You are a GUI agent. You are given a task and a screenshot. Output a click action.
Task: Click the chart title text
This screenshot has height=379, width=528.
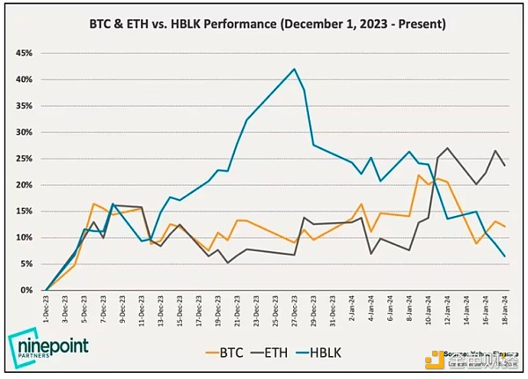[264, 24]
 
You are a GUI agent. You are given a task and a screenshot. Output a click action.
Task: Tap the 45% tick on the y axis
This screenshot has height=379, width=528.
[24, 53]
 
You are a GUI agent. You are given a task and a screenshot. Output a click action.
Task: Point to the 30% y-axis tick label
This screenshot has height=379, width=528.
[24, 132]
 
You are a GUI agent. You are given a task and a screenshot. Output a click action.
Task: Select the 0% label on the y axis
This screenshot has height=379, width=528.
[27, 290]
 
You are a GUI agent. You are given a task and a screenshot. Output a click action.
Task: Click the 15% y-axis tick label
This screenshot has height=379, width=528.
[24, 212]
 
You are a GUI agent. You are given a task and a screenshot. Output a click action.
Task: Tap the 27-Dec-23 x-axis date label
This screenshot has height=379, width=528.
[293, 311]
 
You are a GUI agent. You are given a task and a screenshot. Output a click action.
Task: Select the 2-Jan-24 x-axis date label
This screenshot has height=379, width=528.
[350, 311]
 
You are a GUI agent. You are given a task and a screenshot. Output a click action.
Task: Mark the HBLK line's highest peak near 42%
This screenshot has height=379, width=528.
[294, 69]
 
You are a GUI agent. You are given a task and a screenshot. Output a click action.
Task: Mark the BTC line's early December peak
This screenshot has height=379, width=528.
[93, 204]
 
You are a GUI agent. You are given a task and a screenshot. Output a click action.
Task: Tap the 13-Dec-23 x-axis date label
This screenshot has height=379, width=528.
[160, 311]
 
